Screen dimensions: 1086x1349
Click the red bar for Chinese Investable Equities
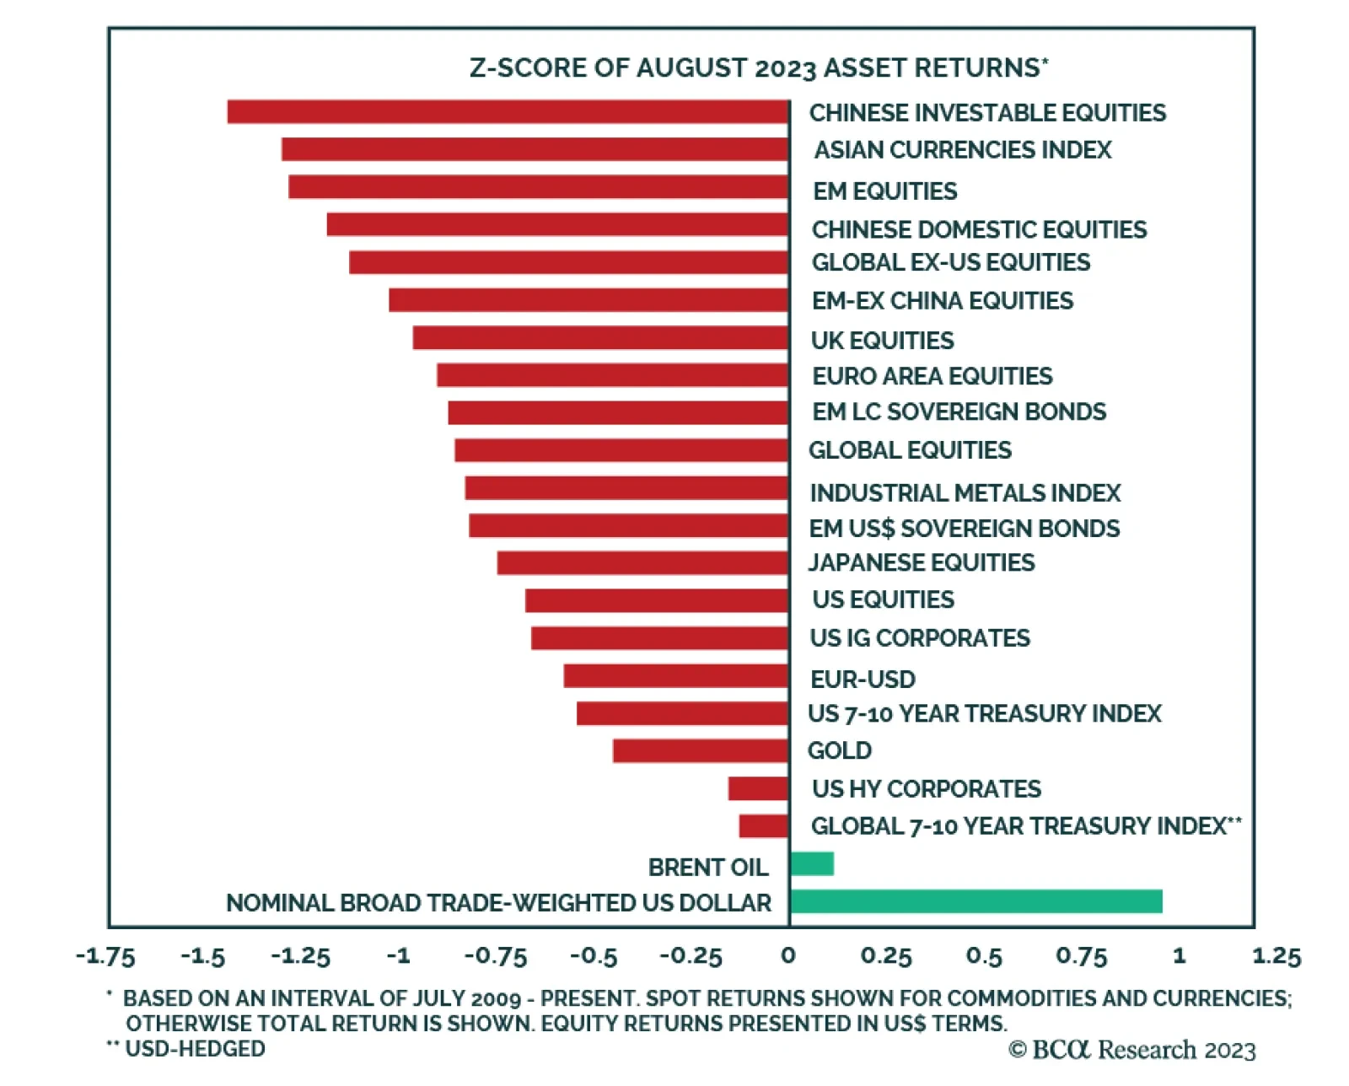click(508, 111)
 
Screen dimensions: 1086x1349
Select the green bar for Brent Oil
click(812, 863)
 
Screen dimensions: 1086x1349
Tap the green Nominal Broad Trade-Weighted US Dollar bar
click(975, 901)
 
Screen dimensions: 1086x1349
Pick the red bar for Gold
click(700, 750)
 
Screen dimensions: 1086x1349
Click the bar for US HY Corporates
click(758, 788)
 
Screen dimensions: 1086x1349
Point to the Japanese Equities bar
click(642, 562)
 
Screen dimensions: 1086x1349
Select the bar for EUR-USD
click(675, 675)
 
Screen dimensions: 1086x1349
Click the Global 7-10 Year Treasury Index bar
click(763, 825)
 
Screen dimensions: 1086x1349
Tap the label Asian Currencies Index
click(962, 150)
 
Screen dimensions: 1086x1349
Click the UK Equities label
click(882, 340)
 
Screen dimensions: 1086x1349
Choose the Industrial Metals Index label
click(965, 492)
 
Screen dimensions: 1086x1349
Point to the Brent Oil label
click(707, 867)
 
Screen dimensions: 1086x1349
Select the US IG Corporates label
click(920, 637)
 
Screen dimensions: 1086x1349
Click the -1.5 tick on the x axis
click(203, 956)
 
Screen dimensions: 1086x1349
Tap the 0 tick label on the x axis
click(788, 955)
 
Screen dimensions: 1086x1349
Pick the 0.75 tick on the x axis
click(1081, 956)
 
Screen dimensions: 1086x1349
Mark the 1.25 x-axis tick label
click(1276, 956)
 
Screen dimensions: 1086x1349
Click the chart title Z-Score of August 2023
click(759, 67)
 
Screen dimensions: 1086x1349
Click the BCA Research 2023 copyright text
click(1131, 1050)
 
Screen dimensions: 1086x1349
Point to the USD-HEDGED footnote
click(187, 1049)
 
